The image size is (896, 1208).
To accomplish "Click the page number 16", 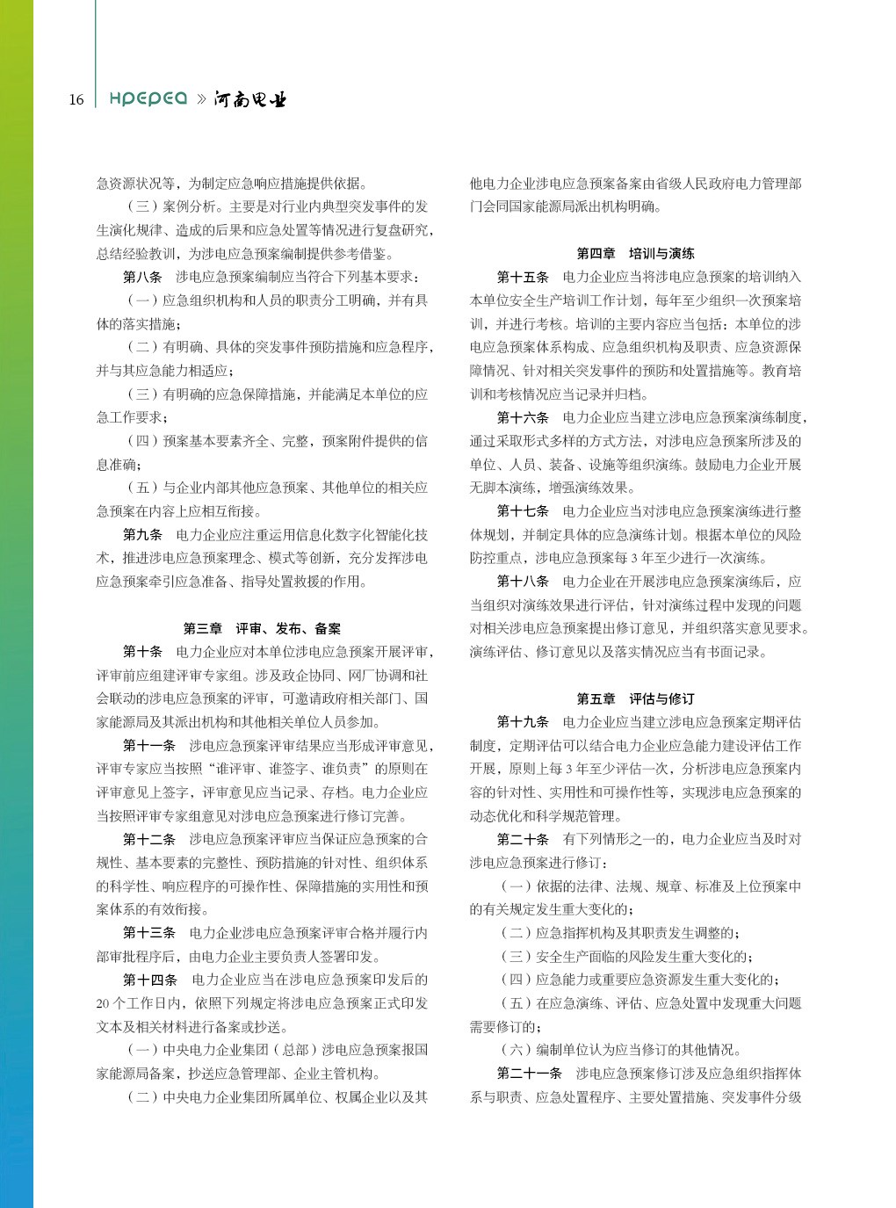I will [x=76, y=99].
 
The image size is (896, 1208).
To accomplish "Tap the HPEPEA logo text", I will [x=148, y=98].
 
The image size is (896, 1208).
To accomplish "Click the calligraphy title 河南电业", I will [x=250, y=99].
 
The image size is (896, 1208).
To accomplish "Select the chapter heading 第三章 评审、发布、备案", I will [x=262, y=628].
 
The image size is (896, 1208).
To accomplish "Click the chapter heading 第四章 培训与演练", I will [x=635, y=253].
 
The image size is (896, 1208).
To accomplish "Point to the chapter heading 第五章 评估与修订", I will [x=635, y=698].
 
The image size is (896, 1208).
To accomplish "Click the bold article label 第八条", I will [x=142, y=277].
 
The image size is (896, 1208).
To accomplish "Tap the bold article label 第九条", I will [x=142, y=534].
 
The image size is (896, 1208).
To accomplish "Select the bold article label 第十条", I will [x=142, y=651].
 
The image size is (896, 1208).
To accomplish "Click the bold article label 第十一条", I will [x=149, y=745].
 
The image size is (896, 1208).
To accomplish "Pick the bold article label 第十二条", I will [x=149, y=839].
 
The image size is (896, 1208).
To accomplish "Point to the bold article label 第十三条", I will [x=149, y=932].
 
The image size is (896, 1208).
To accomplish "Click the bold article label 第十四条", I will [x=150, y=980].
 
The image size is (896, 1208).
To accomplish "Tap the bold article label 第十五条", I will [x=523, y=277].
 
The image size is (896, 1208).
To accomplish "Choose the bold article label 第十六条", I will [x=523, y=417].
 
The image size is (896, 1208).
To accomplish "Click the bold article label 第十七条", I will [x=523, y=510].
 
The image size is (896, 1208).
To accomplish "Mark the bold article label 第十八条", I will [x=523, y=581].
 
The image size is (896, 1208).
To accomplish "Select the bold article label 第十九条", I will [x=523, y=721].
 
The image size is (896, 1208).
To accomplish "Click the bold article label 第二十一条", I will [x=529, y=1073].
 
